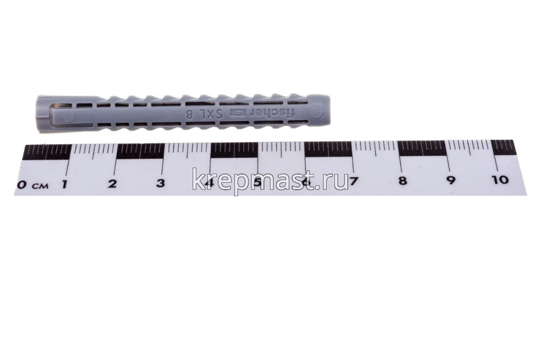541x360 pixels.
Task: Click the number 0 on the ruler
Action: (x=22, y=185)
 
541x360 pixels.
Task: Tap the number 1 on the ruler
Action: (x=64, y=184)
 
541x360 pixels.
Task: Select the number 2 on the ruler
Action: (x=112, y=183)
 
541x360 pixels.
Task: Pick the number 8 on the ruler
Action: (x=403, y=181)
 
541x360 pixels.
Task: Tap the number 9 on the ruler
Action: (x=451, y=180)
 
